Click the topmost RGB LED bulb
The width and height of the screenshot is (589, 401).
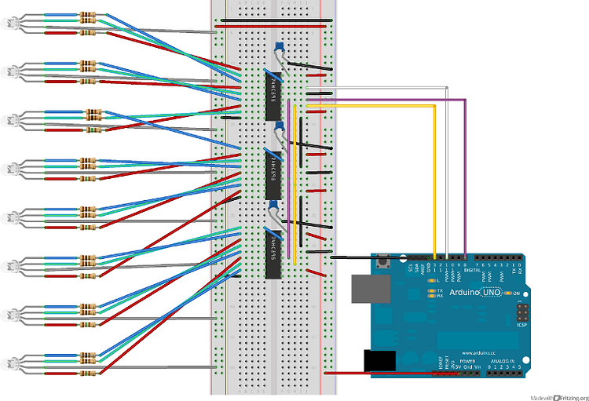[x=11, y=24]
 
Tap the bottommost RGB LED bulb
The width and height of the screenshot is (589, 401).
[x=11, y=364]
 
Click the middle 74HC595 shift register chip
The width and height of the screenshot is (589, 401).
[x=273, y=166]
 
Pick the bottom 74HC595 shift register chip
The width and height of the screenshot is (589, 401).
[x=273, y=253]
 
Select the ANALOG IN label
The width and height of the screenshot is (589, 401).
[x=503, y=361]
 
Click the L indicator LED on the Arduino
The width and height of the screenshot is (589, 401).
[x=430, y=279]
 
